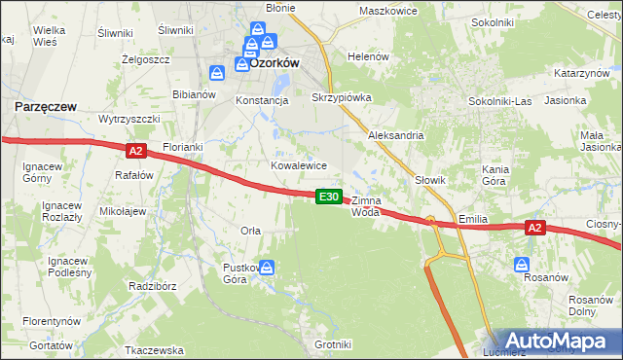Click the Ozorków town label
[x=275, y=60]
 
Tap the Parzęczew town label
[x=46, y=105]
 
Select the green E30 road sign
[x=329, y=197]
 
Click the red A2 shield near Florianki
[x=135, y=150]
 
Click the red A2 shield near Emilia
[x=533, y=228]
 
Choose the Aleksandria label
[x=395, y=135]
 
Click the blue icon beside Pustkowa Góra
[x=267, y=268]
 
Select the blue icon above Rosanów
[x=522, y=264]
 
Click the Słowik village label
[x=429, y=180]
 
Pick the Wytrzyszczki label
[x=128, y=118]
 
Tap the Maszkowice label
[x=387, y=11]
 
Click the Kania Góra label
[x=496, y=175]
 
